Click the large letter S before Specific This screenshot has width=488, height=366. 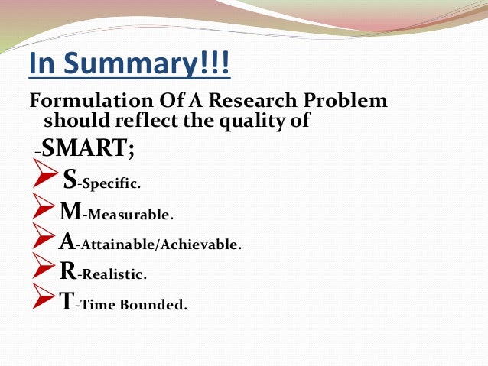[70, 180]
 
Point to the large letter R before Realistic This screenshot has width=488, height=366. [67, 271]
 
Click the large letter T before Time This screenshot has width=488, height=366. [67, 302]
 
